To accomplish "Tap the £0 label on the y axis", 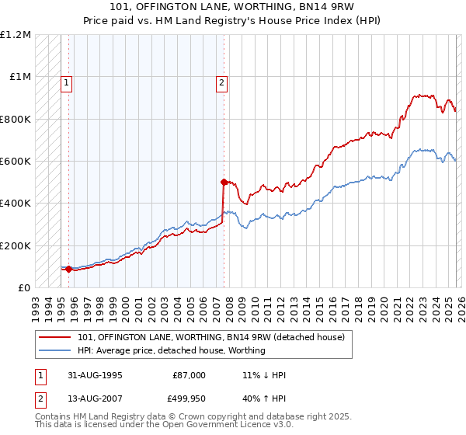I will click(25, 287).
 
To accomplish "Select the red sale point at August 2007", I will click(224, 182).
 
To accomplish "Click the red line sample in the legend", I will click(56, 337).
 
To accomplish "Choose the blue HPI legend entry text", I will click(171, 350).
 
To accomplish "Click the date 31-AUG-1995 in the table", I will click(96, 375).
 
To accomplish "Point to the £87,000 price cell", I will click(189, 375).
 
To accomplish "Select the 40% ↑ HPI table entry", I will click(264, 398).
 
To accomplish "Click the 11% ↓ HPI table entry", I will click(264, 375).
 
